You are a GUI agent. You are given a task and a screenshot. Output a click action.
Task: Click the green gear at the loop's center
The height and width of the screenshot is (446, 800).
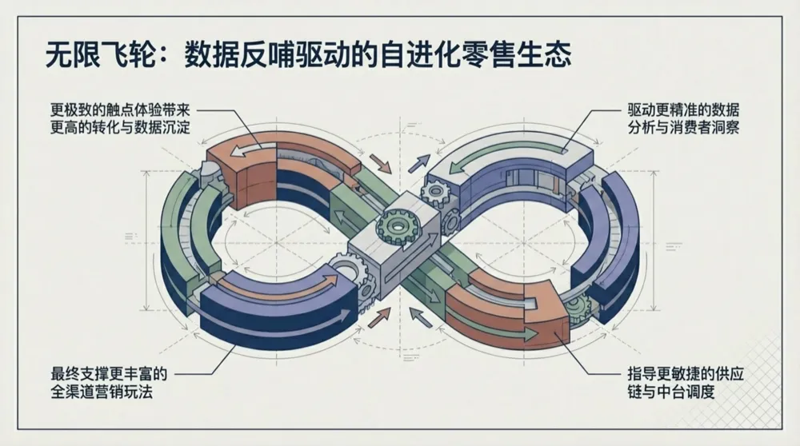[x=394, y=226]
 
